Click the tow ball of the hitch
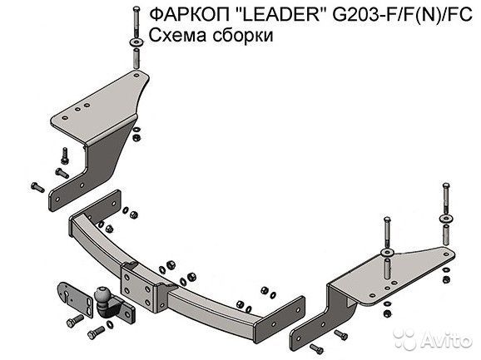pyautogui.click(x=102, y=295)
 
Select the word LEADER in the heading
pyautogui.click(x=283, y=14)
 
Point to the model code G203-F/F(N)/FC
pyautogui.click(x=402, y=14)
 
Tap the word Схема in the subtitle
pyautogui.click(x=177, y=36)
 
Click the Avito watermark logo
pyautogui.click(x=433, y=339)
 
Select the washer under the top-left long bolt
pyautogui.click(x=136, y=42)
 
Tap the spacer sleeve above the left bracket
pyautogui.click(x=136, y=59)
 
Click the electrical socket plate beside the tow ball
pyautogui.click(x=75, y=299)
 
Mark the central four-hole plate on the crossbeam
pyautogui.click(x=139, y=288)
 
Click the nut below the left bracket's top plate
pyautogui.click(x=136, y=137)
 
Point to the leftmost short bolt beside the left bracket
pyautogui.click(x=37, y=187)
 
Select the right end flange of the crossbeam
pyautogui.click(x=280, y=319)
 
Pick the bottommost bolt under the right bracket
pyautogui.click(x=316, y=348)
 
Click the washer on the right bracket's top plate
pyautogui.click(x=387, y=253)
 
